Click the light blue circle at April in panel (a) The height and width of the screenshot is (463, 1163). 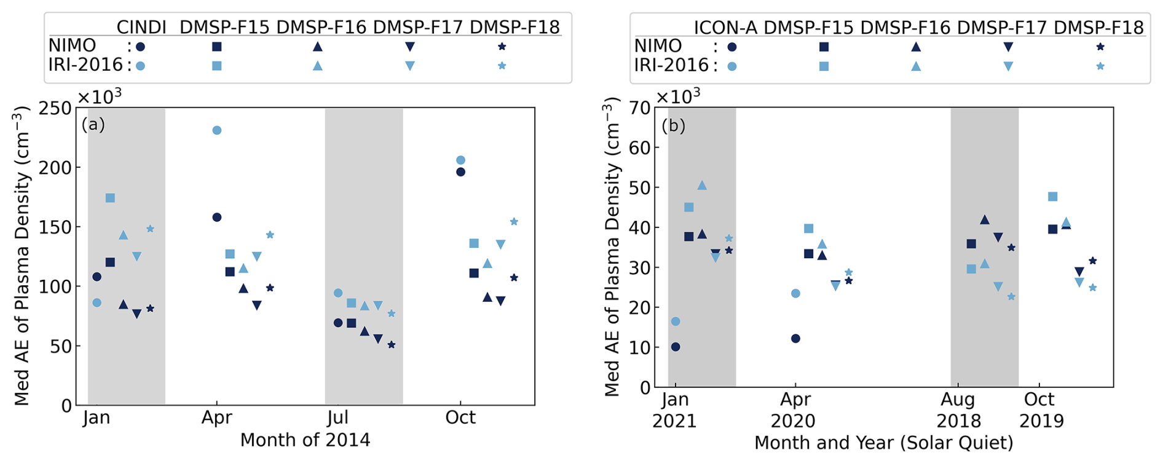217,130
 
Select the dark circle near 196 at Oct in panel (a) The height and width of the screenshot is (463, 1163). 460,172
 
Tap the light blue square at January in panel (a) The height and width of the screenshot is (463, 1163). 110,198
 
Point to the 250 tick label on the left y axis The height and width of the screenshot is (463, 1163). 55,108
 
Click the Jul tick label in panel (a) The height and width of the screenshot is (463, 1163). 337,417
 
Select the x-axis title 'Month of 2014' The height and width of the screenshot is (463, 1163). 305,440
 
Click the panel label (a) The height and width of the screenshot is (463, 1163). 93,125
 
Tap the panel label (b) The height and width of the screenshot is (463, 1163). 673,125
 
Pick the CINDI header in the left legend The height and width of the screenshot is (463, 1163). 141,28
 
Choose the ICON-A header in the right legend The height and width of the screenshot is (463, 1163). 725,28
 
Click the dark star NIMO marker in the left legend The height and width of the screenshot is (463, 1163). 502,46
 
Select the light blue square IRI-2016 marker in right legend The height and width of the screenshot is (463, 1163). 824,66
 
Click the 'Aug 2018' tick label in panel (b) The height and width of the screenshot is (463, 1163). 958,410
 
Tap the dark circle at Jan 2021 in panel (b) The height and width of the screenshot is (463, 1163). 676,347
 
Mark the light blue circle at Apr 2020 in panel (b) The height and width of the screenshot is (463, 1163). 795,293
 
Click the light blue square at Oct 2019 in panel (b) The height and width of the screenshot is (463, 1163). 1052,197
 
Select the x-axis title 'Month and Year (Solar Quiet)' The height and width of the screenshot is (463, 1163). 883,443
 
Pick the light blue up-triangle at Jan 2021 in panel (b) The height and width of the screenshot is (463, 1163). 702,185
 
